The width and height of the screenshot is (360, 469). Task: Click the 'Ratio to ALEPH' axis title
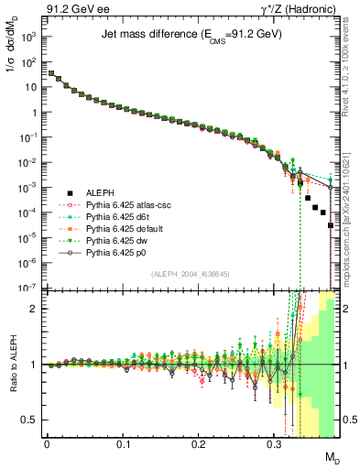tap(12, 364)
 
